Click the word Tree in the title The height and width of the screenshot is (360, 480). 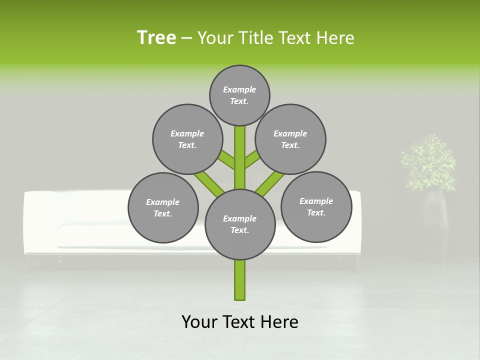(x=156, y=37)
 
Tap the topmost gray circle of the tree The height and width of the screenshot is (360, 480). (x=239, y=95)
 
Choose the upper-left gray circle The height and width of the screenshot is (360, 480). (x=187, y=139)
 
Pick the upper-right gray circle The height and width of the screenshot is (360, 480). (x=290, y=139)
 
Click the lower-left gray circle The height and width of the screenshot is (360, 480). (x=163, y=207)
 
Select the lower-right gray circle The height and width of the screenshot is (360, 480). (x=316, y=206)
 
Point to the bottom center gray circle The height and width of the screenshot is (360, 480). (x=240, y=224)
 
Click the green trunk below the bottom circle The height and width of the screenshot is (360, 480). (x=240, y=280)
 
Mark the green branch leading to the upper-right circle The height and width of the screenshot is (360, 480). (x=252, y=160)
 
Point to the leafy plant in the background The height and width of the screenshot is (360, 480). (x=429, y=162)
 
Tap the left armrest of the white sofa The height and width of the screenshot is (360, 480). (x=40, y=225)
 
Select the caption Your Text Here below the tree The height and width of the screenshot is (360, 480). (x=240, y=322)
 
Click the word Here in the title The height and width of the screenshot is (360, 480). (x=335, y=38)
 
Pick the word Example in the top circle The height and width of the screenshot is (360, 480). (x=239, y=89)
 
